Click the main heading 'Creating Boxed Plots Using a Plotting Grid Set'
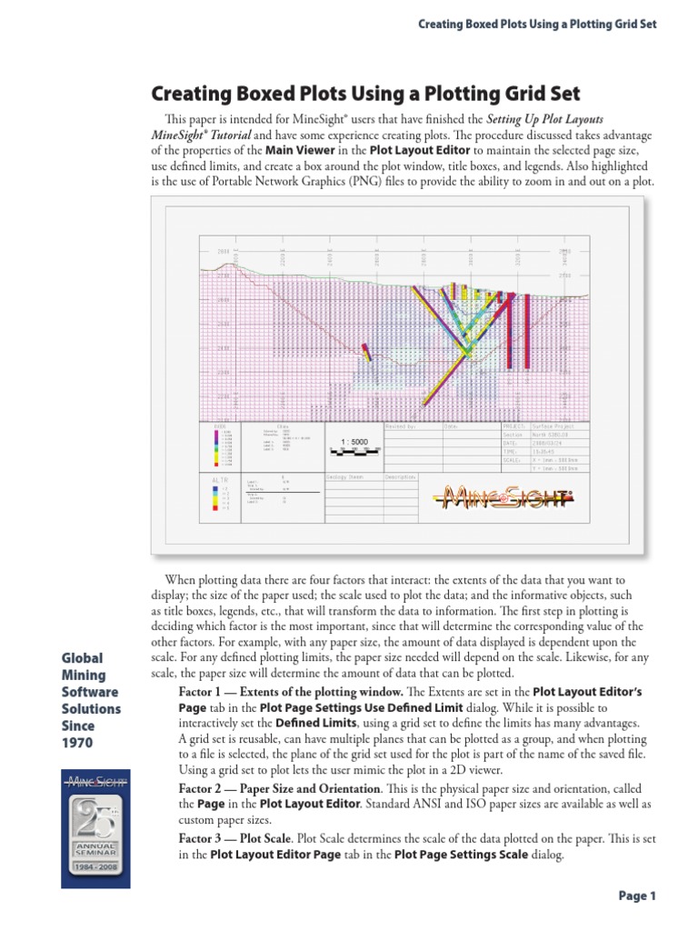[364, 94]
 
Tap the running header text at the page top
[536, 23]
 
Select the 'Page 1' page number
[637, 896]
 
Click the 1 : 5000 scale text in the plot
[354, 442]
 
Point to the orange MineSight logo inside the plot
[504, 496]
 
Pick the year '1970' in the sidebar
[77, 743]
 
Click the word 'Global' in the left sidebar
[81, 658]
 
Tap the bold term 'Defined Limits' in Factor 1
[313, 722]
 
